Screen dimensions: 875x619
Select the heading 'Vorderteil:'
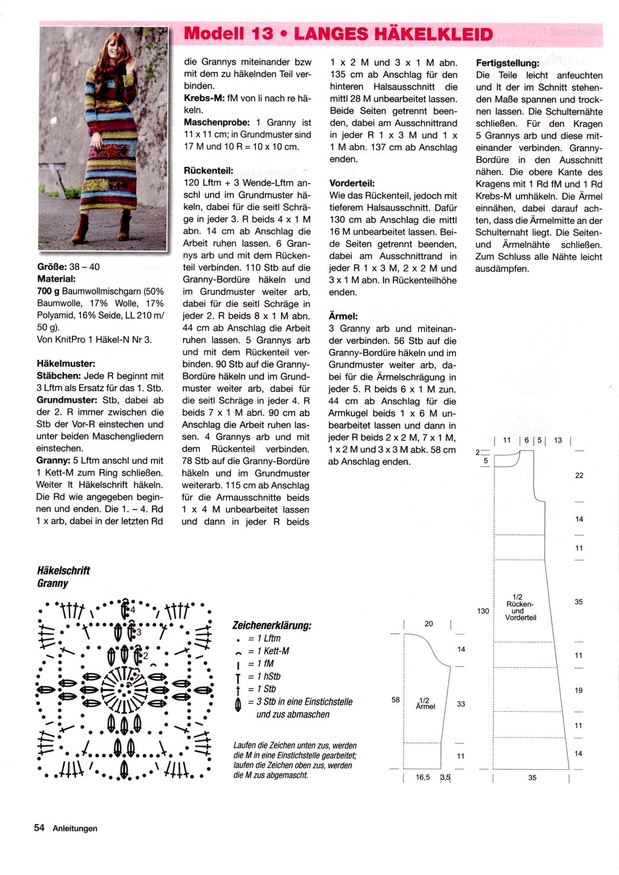click(x=352, y=183)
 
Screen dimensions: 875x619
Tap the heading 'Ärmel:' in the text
click(x=343, y=316)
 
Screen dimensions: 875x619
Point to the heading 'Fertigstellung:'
click(x=507, y=63)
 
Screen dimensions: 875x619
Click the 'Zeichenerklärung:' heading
click(x=271, y=625)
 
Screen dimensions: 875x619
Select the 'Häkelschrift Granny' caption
click(x=63, y=576)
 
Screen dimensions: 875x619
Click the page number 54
click(x=39, y=828)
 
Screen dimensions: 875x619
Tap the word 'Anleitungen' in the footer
click(x=75, y=829)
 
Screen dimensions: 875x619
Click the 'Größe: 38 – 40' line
click(x=68, y=267)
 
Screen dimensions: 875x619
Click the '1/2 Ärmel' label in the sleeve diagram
click(x=426, y=703)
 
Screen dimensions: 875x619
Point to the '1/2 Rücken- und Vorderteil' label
click(x=520, y=607)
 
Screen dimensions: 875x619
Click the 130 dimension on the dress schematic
click(x=483, y=611)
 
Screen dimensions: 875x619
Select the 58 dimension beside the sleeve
click(x=395, y=700)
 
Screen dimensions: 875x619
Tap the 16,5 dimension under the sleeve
click(x=422, y=777)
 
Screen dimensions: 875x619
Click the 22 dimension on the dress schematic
click(x=579, y=475)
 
